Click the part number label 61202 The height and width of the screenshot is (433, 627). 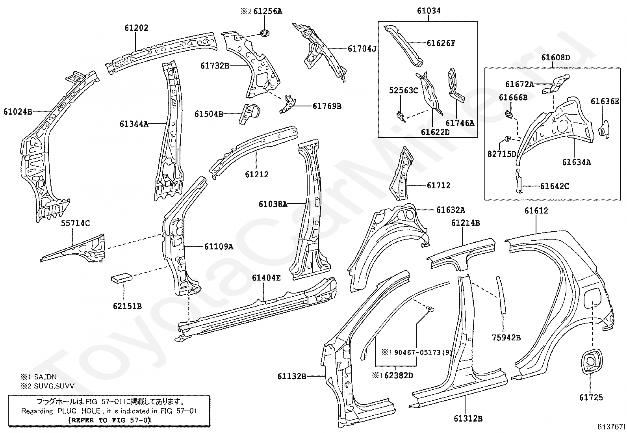(136, 28)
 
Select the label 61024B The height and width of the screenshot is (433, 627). (18, 112)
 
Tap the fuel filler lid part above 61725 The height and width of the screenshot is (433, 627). (592, 361)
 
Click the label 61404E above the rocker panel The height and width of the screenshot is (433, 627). (266, 278)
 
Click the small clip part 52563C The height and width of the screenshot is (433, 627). (401, 116)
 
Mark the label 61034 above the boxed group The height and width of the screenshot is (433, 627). (429, 11)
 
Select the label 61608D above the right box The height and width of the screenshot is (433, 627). (555, 58)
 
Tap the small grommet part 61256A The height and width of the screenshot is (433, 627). (265, 33)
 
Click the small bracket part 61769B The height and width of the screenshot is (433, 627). (288, 104)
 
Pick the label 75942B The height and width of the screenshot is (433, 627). (506, 338)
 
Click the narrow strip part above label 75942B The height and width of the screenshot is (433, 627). (501, 295)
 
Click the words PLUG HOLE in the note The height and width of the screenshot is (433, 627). (79, 411)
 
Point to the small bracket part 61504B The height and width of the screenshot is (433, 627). (249, 114)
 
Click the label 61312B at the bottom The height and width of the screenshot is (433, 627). (468, 418)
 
